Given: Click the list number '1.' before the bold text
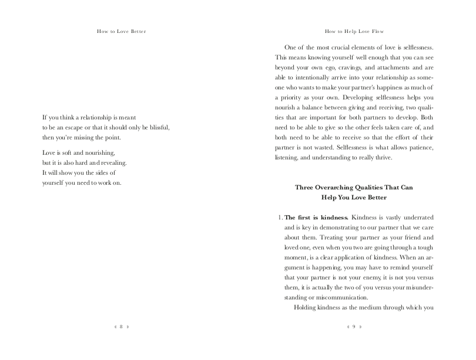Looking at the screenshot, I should point(280,217).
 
